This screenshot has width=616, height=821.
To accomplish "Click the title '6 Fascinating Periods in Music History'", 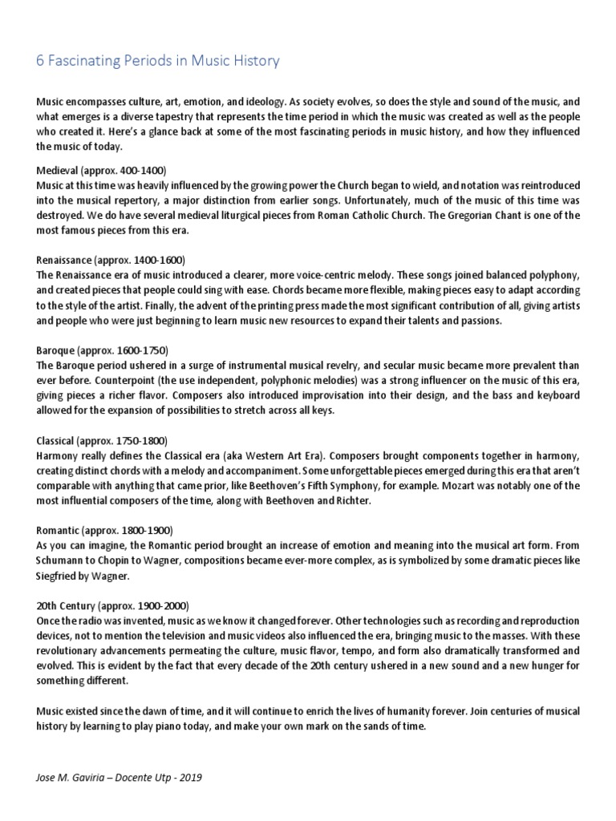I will point(158,61).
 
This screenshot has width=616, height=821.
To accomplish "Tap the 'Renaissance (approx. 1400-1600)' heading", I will point(111,261).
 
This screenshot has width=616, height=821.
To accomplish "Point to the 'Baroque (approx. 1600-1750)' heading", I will point(103,350).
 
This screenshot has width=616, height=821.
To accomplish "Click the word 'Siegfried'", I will point(57,575).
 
